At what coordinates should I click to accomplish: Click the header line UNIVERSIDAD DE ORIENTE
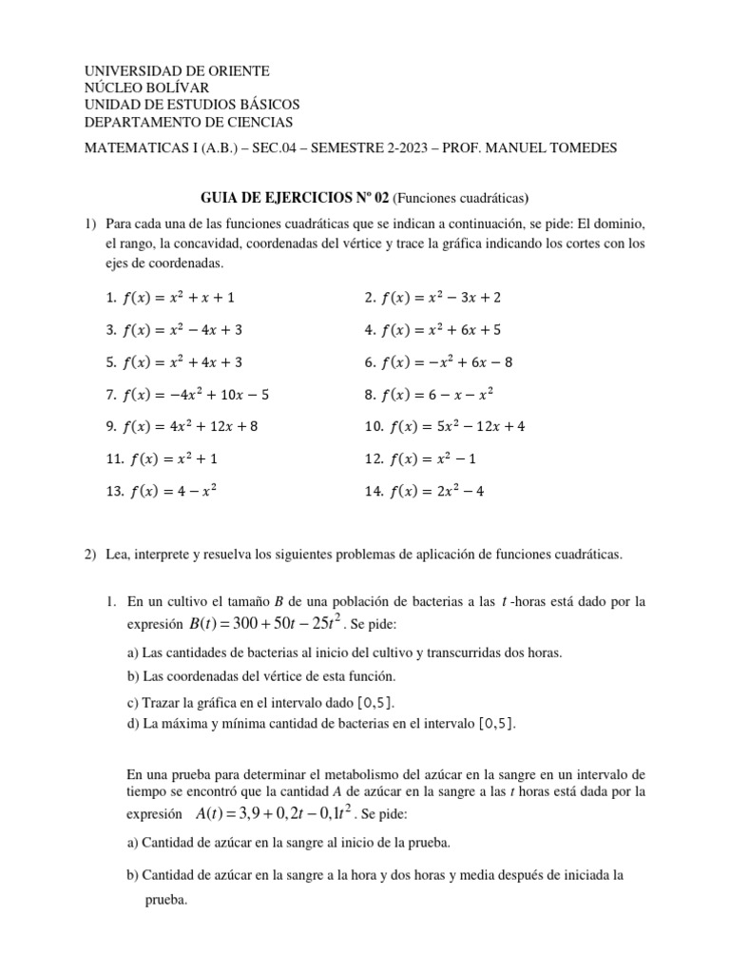177,71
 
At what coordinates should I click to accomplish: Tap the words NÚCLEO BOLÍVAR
147,88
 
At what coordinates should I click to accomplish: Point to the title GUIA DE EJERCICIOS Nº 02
295,198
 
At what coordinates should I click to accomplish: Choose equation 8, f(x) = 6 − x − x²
429,394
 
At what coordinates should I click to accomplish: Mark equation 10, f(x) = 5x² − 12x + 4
444,426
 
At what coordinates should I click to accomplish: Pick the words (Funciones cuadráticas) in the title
461,198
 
